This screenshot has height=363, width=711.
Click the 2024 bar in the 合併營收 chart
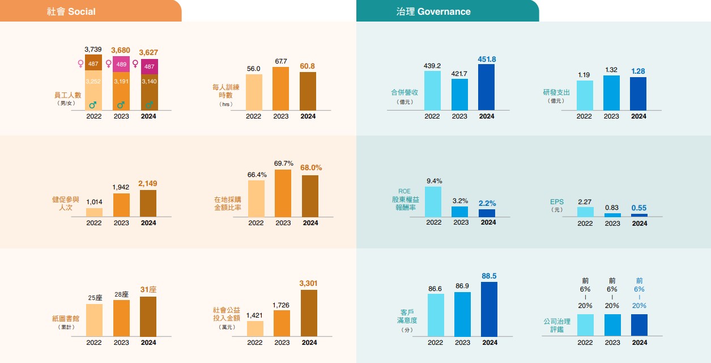point(486,87)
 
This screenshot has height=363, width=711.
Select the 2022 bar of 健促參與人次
point(94,212)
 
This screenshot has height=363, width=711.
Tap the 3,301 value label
point(309,282)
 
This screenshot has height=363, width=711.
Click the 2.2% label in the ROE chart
point(487,203)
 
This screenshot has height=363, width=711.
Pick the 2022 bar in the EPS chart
point(585,212)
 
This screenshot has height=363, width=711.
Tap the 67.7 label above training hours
point(280,61)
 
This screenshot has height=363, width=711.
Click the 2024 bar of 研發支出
point(638,94)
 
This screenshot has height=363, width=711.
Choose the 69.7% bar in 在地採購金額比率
point(283,193)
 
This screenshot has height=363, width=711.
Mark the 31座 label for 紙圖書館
point(148,289)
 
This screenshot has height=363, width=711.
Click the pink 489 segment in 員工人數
point(121,64)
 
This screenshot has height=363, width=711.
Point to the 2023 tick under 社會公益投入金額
point(282,343)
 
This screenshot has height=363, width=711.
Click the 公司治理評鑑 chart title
point(556,326)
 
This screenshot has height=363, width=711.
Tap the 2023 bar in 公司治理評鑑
point(612,325)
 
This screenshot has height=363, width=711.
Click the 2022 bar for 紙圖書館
point(94,320)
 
